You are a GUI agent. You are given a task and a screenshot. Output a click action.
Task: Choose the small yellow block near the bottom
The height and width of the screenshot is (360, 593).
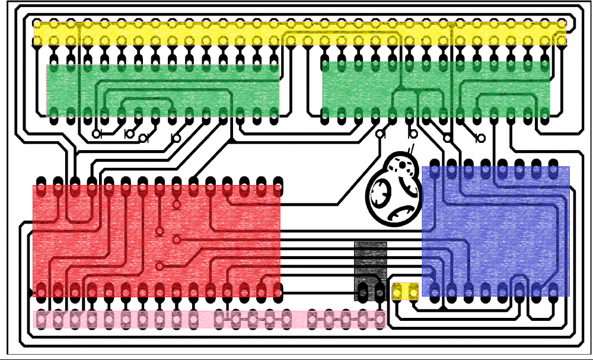(x=406, y=291)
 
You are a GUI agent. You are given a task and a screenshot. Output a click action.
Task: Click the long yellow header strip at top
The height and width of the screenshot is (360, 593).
(x=299, y=33)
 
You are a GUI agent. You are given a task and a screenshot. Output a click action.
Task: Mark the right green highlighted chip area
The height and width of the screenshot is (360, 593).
(x=436, y=89)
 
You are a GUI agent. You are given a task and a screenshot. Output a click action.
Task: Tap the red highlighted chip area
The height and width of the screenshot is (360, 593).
(x=157, y=240)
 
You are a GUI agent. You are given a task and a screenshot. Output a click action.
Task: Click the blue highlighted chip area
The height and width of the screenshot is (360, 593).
(x=496, y=231)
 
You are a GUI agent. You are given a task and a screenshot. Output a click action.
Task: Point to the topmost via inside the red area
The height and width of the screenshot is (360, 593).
(x=176, y=206)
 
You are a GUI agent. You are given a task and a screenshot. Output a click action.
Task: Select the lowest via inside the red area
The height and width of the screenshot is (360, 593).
(x=159, y=266)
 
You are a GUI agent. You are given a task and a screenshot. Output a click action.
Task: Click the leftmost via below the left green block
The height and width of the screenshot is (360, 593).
(x=97, y=134)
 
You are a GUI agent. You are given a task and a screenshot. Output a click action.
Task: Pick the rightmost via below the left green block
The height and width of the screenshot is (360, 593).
(x=175, y=138)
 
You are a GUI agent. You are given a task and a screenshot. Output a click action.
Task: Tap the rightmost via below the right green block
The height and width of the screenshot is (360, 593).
(x=481, y=139)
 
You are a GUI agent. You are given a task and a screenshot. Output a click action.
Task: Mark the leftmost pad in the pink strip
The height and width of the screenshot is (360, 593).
(x=41, y=320)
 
